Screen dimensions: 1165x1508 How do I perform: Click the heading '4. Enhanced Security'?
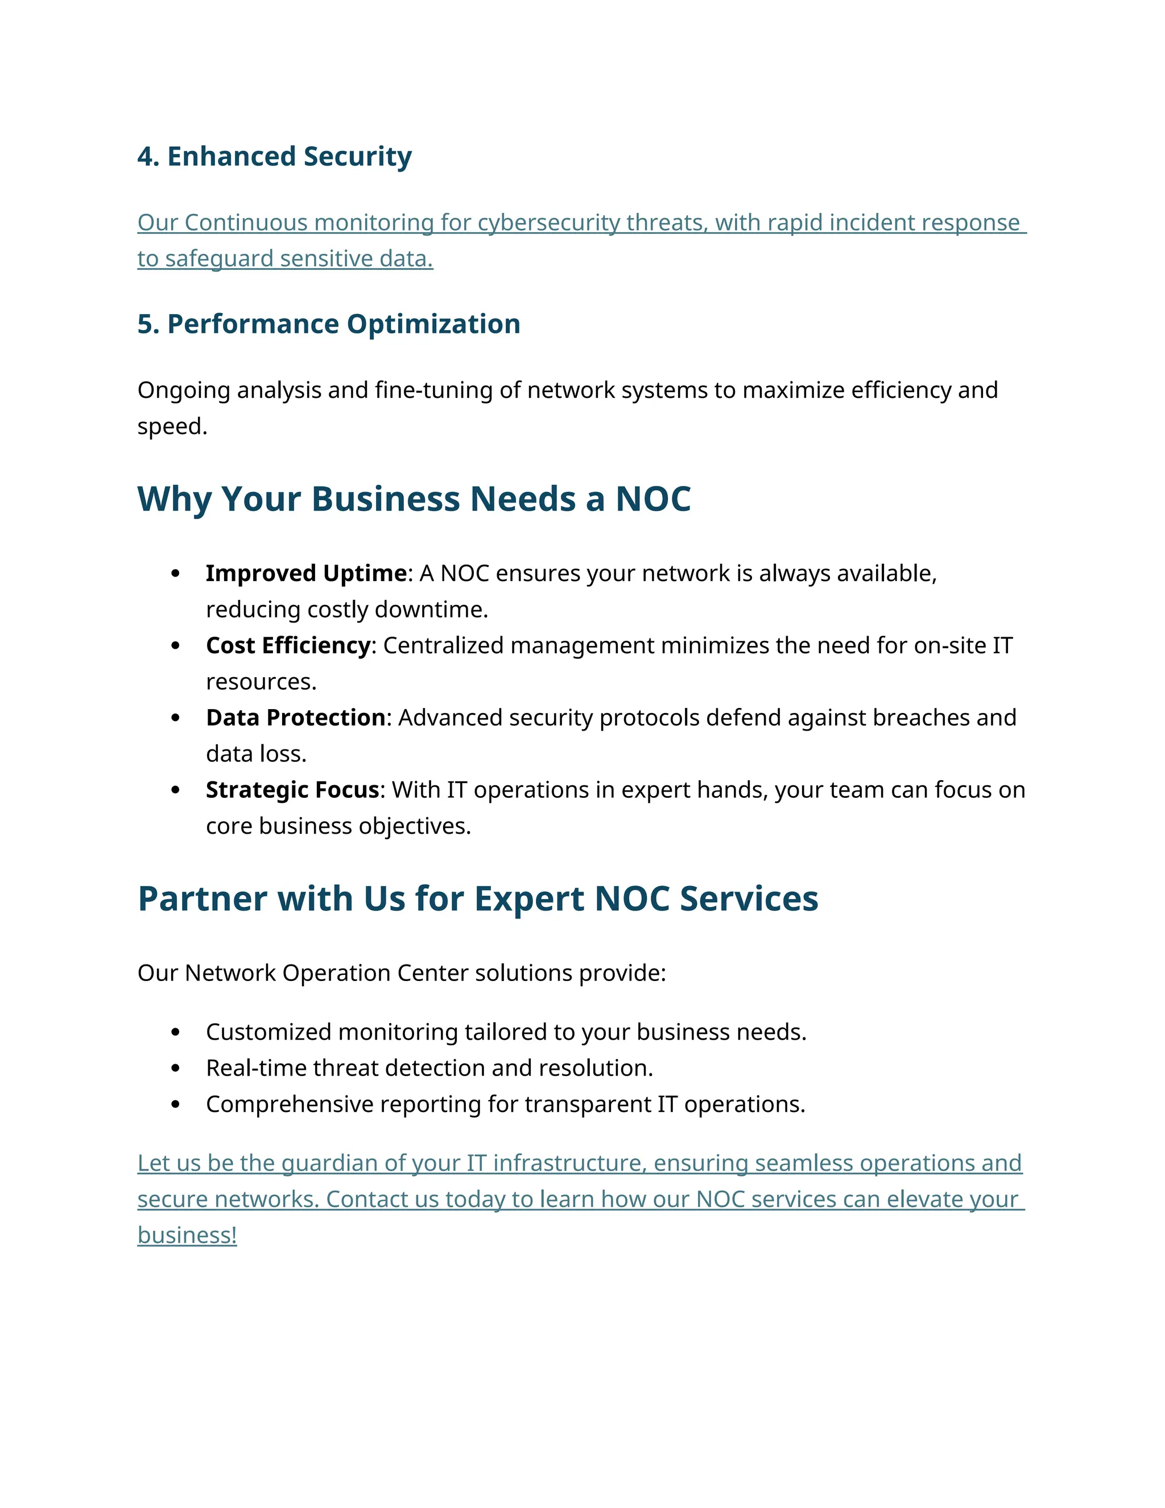274,156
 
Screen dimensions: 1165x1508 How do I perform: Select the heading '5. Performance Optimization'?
329,324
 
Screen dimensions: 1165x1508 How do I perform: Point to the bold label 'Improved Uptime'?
305,574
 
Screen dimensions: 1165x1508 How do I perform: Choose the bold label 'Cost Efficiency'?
288,646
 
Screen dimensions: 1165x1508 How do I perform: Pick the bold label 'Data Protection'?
295,718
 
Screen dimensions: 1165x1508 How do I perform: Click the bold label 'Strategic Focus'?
292,790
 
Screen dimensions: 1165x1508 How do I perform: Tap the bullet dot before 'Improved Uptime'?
175,574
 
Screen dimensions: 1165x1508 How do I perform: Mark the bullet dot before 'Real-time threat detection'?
175,1068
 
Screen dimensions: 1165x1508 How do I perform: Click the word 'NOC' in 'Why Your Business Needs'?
652,499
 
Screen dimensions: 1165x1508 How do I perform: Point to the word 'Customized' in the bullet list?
268,1032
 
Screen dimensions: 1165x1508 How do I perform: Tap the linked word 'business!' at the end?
187,1235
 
